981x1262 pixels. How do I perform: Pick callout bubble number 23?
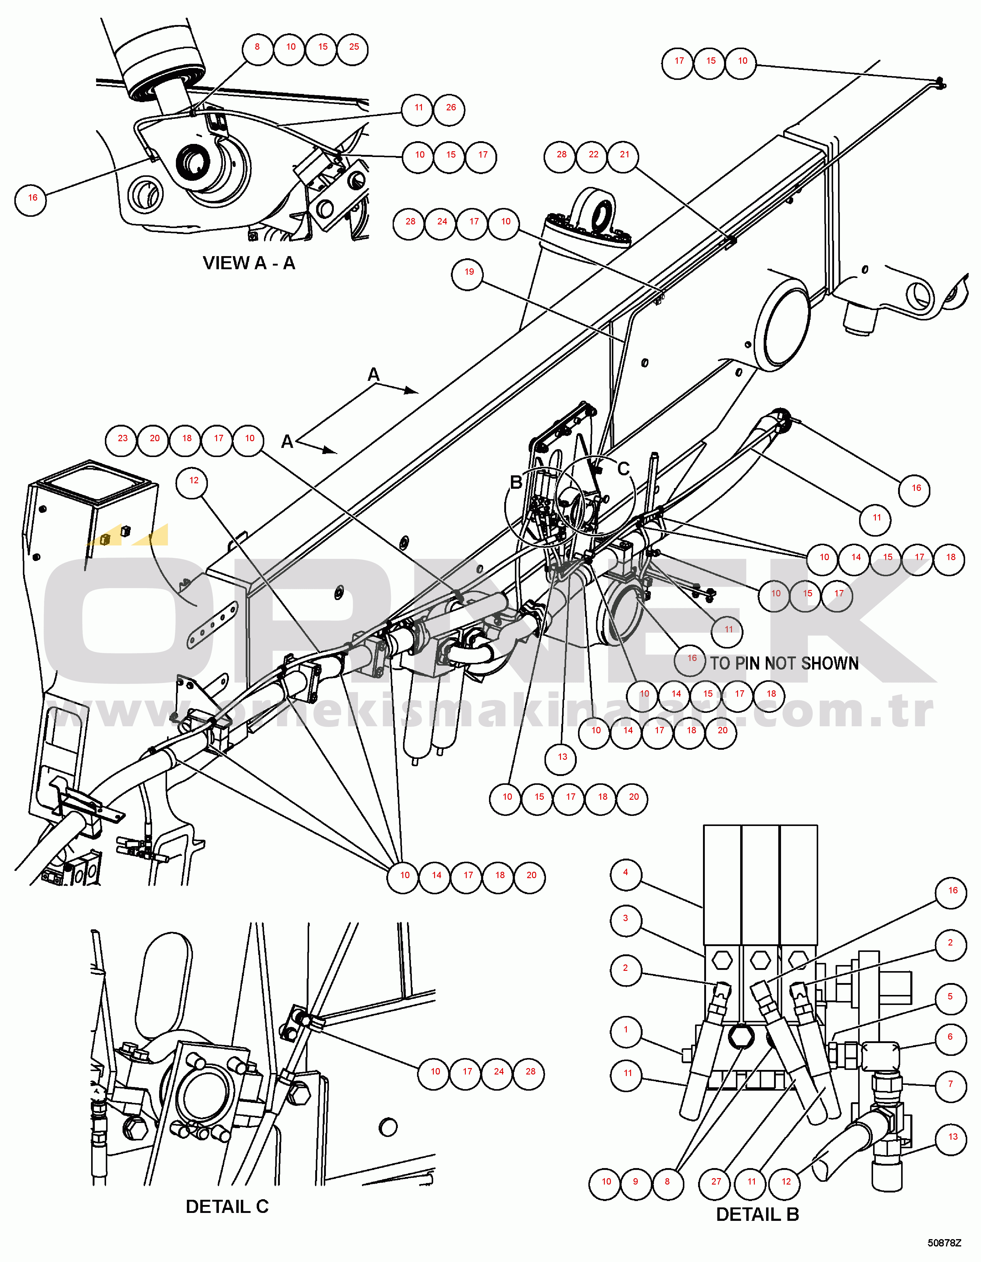[123, 439]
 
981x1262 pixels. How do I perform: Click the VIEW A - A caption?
[249, 263]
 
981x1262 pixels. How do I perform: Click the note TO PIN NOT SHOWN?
[784, 663]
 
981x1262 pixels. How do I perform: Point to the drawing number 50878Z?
[944, 1243]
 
